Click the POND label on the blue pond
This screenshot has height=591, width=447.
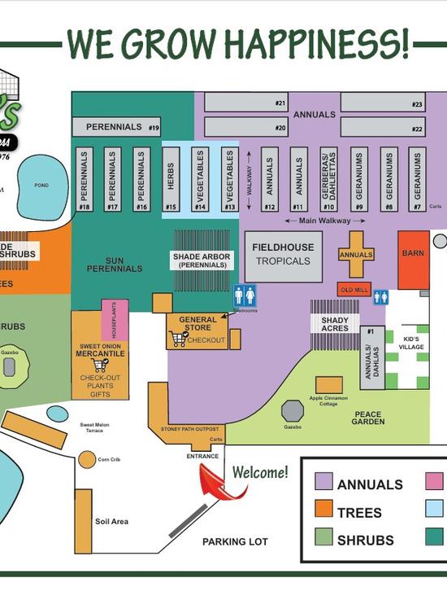[x=41, y=186]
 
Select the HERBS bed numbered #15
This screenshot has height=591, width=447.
[x=171, y=180]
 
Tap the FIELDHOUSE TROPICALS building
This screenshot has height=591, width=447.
[x=284, y=253]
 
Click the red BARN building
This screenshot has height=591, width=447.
[x=413, y=259]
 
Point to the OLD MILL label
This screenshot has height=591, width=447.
[x=354, y=290]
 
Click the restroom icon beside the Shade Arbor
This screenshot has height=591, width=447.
[x=245, y=295]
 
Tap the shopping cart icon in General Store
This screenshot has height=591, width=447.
[x=180, y=339]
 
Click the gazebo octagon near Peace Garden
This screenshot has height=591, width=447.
[x=293, y=411]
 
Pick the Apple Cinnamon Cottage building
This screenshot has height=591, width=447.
[x=329, y=385]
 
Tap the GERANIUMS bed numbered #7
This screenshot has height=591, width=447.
[x=417, y=180]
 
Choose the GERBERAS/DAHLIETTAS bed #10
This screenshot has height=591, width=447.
[x=328, y=180]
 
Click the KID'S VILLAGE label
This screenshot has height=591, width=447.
[x=411, y=341]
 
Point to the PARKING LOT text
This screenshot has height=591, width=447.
[x=235, y=541]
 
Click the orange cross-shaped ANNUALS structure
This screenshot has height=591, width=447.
[x=356, y=255]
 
